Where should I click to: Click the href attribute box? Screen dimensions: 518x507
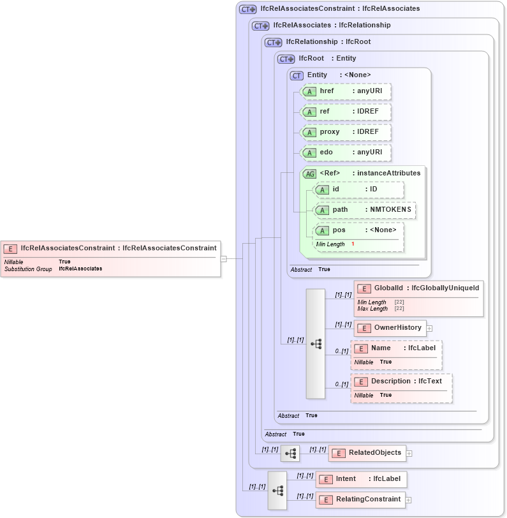click(345, 92)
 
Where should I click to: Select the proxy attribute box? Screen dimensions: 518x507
click(345, 133)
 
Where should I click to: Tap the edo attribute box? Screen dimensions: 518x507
click(345, 153)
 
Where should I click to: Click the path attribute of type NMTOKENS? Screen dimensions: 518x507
click(365, 210)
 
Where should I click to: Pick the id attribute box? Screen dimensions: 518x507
click(359, 189)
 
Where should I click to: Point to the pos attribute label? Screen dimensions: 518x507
click(340, 230)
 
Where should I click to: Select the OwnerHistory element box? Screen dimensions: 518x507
click(390, 328)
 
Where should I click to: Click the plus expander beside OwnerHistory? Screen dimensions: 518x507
click(429, 329)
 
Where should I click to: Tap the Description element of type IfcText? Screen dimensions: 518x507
click(402, 381)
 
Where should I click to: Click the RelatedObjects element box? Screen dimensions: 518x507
click(367, 453)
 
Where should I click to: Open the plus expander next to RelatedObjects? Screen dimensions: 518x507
click(409, 454)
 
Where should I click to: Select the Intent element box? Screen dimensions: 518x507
click(361, 479)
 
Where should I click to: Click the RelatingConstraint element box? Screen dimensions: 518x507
click(360, 500)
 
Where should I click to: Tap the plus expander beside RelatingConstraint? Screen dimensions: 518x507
click(408, 500)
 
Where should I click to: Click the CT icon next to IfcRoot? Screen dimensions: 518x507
click(286, 59)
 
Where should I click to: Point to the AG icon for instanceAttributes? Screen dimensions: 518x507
click(309, 174)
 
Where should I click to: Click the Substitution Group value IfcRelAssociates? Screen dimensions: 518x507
click(80, 269)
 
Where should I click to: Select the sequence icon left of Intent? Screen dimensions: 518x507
click(277, 490)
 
